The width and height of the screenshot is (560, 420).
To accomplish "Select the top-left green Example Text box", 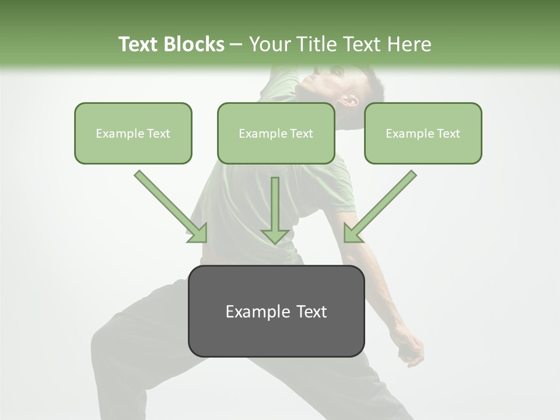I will pyautogui.click(x=133, y=133).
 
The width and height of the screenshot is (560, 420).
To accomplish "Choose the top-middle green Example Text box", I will pyautogui.click(x=276, y=133).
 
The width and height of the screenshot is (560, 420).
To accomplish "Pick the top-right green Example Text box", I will pyautogui.click(x=423, y=133).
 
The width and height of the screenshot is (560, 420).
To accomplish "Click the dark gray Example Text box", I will pyautogui.click(x=276, y=311).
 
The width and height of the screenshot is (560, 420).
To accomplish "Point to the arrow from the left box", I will pyautogui.click(x=171, y=207).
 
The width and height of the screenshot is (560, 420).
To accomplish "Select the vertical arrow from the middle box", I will pyautogui.click(x=275, y=210).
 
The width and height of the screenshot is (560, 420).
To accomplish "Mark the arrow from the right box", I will pyautogui.click(x=380, y=207).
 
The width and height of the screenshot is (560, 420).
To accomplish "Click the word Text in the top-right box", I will pyautogui.click(x=448, y=134).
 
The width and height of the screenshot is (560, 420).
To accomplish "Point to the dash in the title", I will pyautogui.click(x=236, y=44).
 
